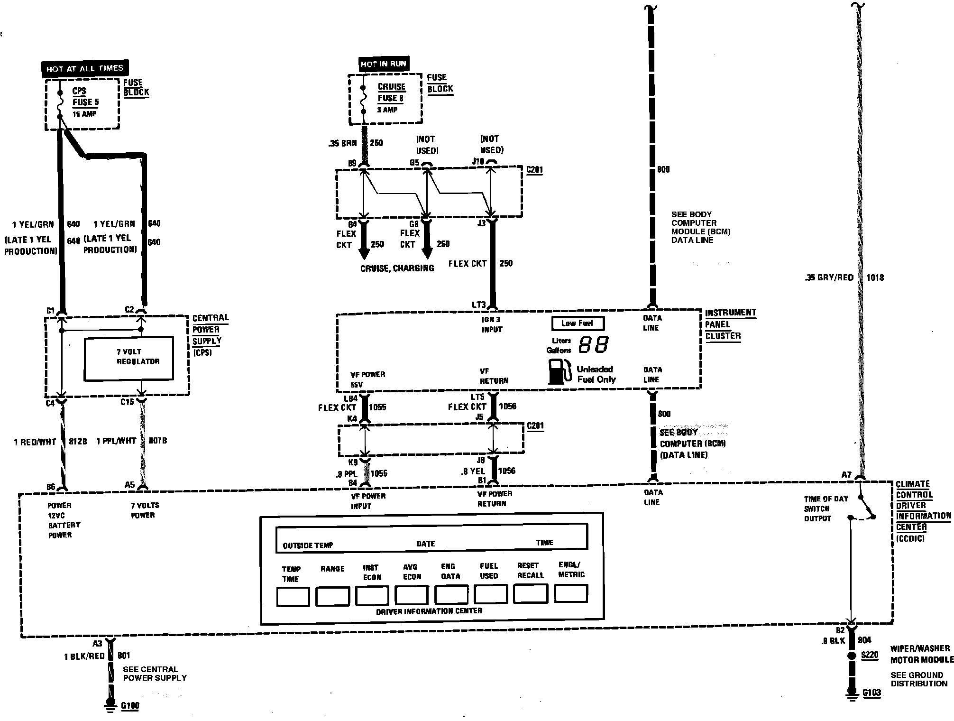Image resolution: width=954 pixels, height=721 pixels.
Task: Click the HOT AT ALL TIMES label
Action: [85, 68]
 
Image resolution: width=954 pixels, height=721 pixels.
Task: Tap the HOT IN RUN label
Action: [383, 64]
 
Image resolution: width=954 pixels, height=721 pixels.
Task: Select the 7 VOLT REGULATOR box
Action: [129, 358]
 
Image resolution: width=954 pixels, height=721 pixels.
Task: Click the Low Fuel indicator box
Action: [577, 324]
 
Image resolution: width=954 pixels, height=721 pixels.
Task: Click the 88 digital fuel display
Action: [594, 345]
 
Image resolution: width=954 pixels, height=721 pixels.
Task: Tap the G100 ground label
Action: [130, 705]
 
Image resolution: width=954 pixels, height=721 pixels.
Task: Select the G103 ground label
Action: [871, 693]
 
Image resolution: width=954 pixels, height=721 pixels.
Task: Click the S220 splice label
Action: [870, 655]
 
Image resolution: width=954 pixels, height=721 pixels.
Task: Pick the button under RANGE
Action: [332, 596]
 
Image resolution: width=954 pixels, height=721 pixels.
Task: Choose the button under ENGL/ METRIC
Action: [571, 593]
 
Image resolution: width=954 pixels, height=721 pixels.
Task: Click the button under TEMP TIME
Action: [293, 597]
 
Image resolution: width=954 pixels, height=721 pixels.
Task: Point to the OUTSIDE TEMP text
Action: [308, 545]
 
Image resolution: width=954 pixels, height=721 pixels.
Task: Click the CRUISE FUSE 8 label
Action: [391, 92]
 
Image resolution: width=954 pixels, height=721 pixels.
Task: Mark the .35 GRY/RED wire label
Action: [829, 277]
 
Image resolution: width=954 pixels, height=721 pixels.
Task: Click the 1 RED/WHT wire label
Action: [35, 442]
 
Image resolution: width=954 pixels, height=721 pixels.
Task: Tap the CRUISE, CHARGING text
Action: [397, 268]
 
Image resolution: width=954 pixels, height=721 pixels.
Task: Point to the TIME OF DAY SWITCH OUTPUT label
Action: [826, 508]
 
